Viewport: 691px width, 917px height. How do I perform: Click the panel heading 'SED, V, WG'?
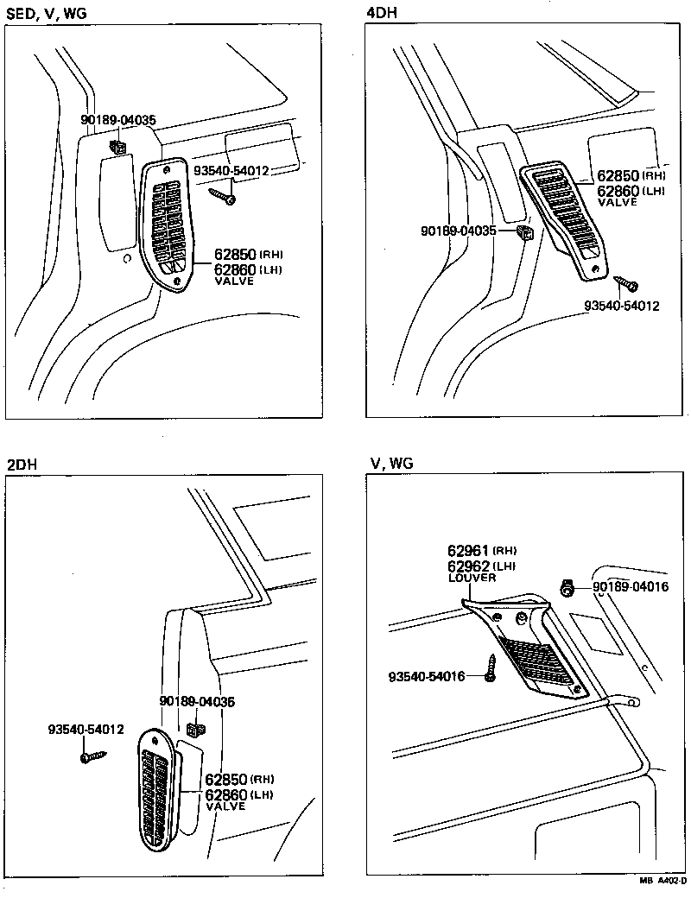tap(47, 13)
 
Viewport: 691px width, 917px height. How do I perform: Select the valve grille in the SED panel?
tap(168, 224)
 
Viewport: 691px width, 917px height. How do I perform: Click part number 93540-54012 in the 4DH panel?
tap(622, 306)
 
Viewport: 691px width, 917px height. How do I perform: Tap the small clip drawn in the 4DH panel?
tap(525, 232)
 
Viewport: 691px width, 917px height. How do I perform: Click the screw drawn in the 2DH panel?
tap(92, 756)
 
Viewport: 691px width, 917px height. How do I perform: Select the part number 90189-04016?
tap(631, 588)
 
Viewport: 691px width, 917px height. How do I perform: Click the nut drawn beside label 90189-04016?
tap(567, 588)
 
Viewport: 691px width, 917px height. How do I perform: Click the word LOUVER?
tap(472, 578)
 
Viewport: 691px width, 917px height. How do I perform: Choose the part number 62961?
tap(468, 550)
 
